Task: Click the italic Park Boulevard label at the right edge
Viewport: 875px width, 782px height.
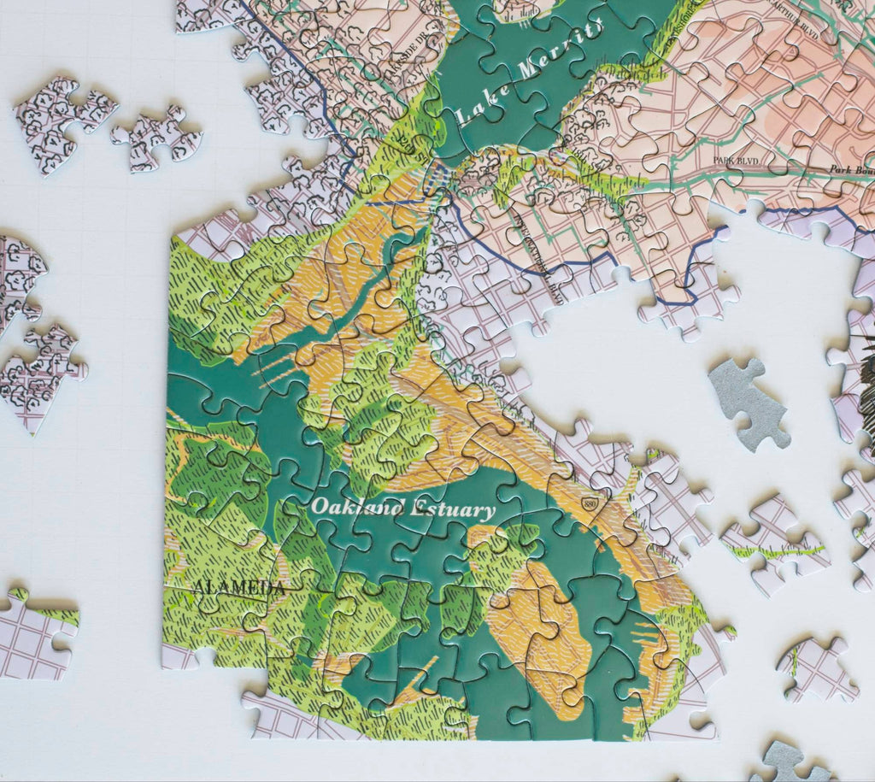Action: pos(849,170)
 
